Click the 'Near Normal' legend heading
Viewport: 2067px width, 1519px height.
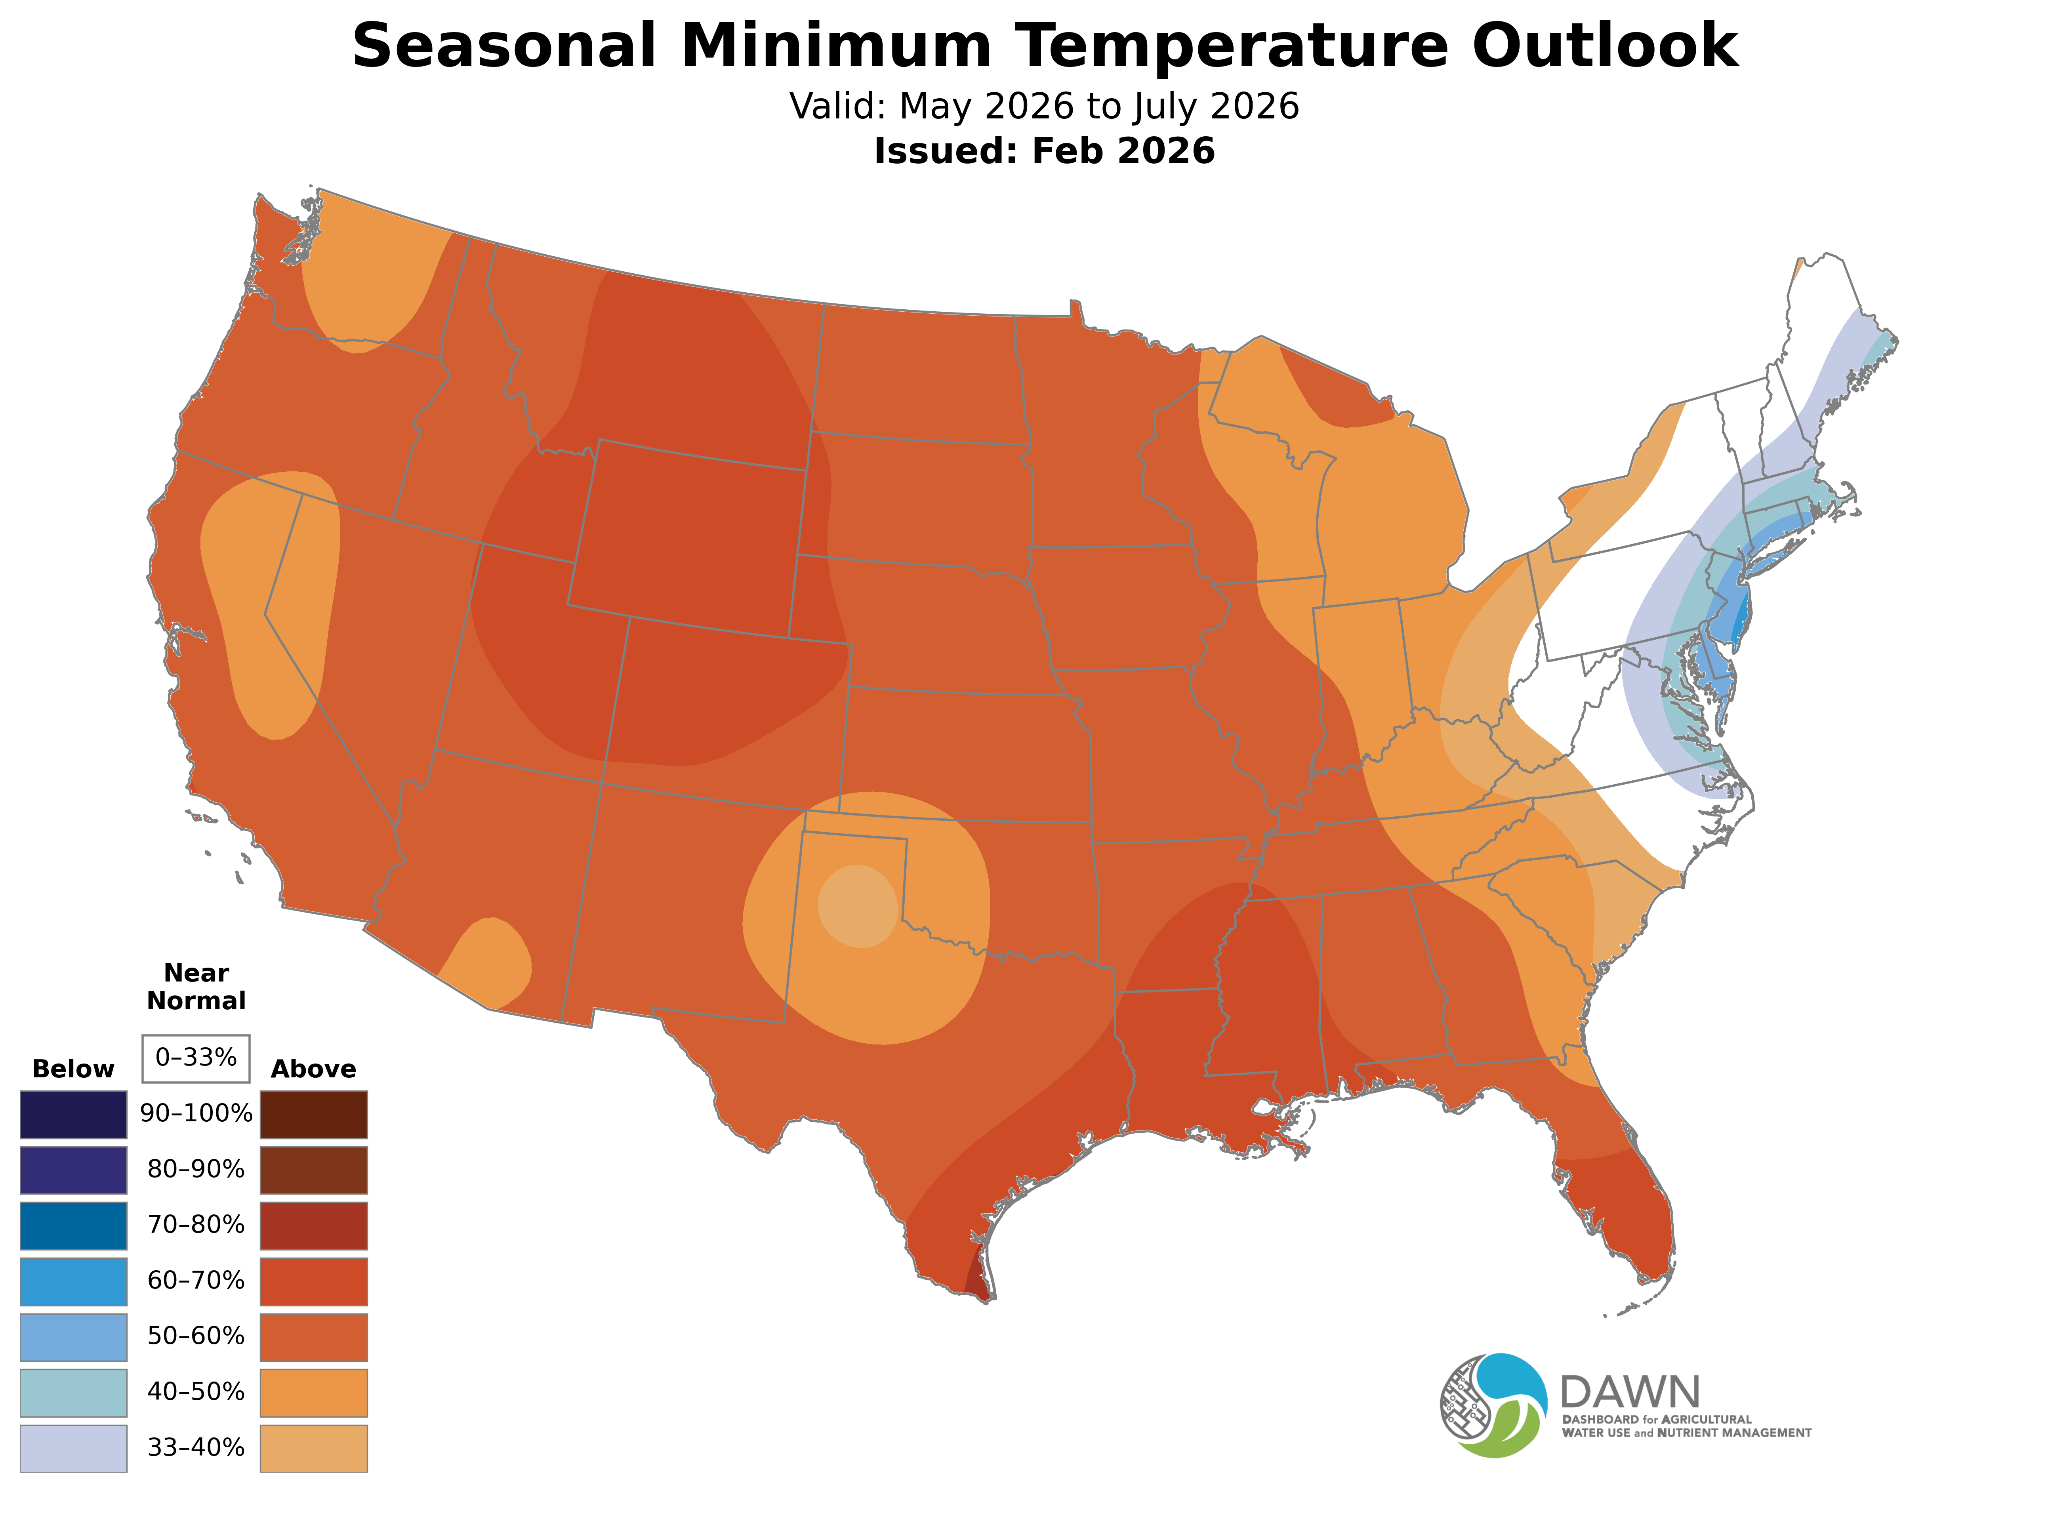click(196, 987)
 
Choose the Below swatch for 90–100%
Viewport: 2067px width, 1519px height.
click(72, 1115)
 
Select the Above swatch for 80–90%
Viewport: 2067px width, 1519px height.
click(314, 1170)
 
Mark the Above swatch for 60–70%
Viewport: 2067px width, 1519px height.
click(314, 1281)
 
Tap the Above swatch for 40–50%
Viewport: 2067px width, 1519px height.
click(314, 1392)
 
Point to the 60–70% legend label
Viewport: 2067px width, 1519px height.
click(196, 1281)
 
